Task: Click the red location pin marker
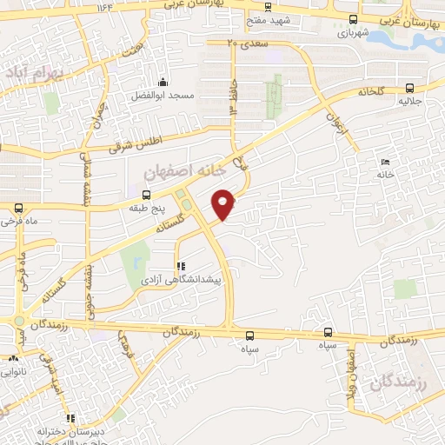224,203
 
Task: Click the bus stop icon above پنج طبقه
145,195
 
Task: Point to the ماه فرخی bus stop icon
19,208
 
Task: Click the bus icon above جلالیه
408,87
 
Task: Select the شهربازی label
352,32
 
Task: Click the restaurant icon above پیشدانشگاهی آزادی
181,266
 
